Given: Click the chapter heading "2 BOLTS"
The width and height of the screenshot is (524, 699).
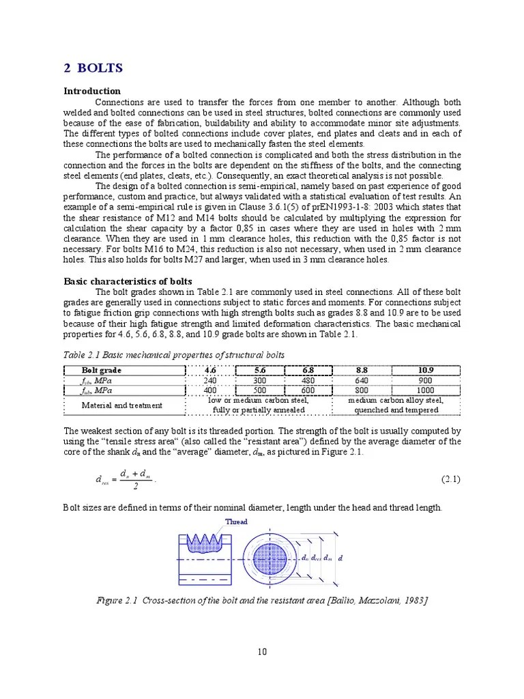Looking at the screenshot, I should tap(93, 68).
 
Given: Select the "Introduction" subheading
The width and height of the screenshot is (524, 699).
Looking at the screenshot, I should tap(92, 91).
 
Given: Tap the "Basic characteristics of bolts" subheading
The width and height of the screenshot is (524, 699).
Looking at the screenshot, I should tap(128, 281).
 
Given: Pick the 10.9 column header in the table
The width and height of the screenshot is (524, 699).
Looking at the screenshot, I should tap(426, 371).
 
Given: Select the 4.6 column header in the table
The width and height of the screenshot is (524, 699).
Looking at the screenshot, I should tap(210, 371).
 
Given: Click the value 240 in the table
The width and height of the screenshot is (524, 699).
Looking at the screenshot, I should tap(210, 381).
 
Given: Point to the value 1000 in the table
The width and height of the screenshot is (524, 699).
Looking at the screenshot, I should tap(426, 391).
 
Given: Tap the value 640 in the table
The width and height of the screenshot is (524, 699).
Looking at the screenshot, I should tap(362, 381).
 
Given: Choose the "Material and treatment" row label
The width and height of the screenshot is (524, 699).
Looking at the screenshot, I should tap(122, 405).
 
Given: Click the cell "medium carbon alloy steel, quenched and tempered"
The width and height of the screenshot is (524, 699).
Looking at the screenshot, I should tap(396, 405).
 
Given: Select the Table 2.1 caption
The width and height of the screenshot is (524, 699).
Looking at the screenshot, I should tap(174, 355).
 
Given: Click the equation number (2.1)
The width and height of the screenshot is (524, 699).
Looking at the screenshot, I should tap(450, 479).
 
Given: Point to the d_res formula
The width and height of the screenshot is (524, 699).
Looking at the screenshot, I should tap(126, 479).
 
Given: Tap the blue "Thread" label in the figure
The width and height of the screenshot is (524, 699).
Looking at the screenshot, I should tap(236, 522).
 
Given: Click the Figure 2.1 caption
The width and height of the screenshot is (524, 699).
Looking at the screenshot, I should tap(262, 600).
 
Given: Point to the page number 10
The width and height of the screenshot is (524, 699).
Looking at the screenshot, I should tap(262, 652).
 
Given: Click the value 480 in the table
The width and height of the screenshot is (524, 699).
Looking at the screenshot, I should tap(308, 381).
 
